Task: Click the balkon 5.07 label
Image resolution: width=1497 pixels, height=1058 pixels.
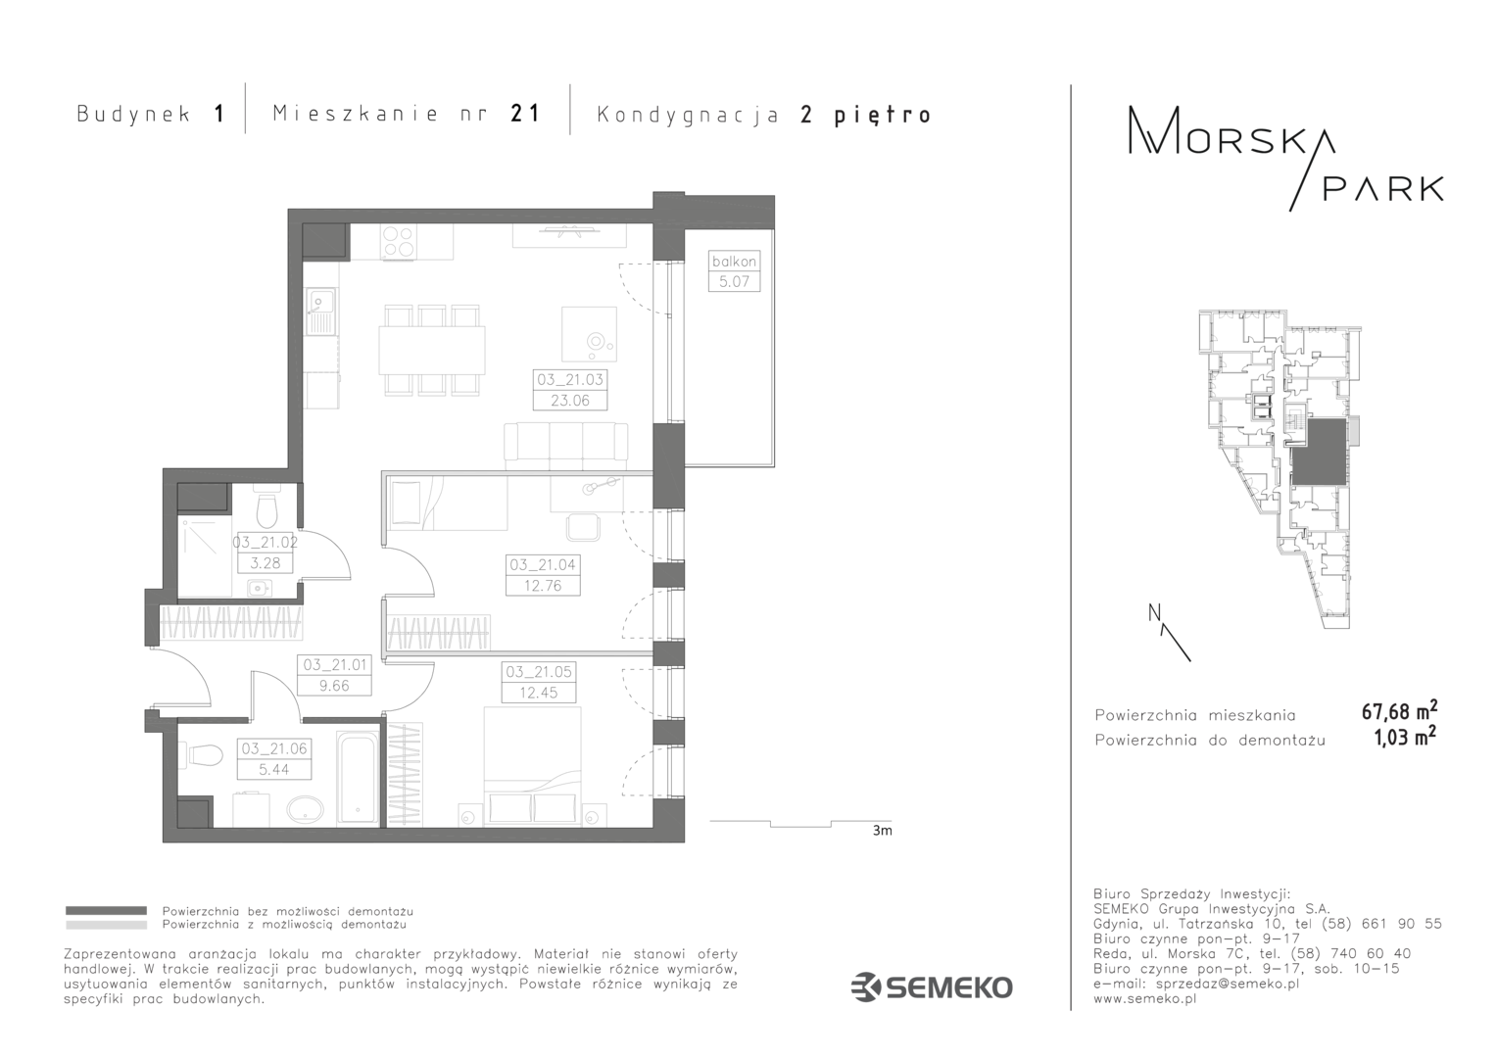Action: (x=734, y=271)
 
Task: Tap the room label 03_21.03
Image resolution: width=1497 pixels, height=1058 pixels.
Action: (x=570, y=380)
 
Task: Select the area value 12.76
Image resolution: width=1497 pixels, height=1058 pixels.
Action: (x=544, y=586)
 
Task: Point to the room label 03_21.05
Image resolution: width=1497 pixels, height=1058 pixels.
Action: (x=539, y=672)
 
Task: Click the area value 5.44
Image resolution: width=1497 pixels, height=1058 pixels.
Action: (x=274, y=769)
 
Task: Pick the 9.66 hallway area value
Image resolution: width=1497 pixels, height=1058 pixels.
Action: (x=334, y=686)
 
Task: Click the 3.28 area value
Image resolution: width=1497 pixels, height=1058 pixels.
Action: (x=266, y=563)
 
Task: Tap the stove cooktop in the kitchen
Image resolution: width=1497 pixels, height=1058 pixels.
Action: (x=399, y=241)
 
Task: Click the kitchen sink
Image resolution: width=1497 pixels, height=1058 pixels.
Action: (x=321, y=312)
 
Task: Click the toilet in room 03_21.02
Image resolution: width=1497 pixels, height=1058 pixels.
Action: (x=267, y=509)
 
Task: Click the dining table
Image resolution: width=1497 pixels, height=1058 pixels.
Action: (x=432, y=350)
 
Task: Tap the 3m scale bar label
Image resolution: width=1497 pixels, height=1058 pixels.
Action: (x=882, y=831)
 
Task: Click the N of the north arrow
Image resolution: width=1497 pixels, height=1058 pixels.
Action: (x=1154, y=612)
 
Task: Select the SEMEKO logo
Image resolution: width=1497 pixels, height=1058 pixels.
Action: (x=932, y=987)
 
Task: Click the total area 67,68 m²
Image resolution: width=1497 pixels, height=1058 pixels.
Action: (x=1399, y=710)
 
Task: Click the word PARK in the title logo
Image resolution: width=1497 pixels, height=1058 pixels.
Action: (x=1382, y=188)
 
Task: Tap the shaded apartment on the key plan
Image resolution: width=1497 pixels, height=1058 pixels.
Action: (x=1319, y=452)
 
